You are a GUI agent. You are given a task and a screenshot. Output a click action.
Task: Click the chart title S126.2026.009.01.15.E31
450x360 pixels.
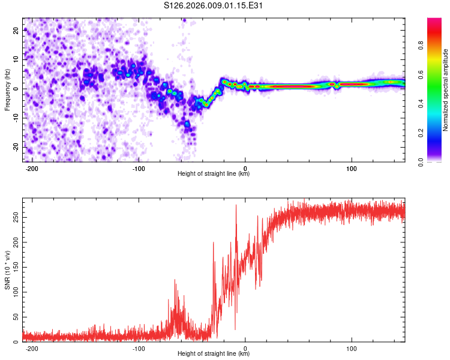click(x=214, y=5)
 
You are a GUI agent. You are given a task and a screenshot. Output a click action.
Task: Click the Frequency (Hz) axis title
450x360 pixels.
click(x=7, y=89)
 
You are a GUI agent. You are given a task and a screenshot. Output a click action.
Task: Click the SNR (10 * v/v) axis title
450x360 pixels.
click(x=7, y=270)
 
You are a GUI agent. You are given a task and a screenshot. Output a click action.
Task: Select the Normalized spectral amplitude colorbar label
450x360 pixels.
click(x=446, y=90)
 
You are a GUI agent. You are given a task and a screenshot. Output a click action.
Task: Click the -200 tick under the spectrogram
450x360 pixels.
click(x=32, y=168)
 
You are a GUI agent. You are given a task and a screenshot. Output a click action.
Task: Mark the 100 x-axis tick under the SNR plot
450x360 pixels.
click(x=351, y=348)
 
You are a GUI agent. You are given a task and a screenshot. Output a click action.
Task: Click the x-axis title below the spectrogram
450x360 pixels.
click(x=214, y=174)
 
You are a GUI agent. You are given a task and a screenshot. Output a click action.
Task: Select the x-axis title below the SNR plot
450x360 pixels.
click(x=214, y=354)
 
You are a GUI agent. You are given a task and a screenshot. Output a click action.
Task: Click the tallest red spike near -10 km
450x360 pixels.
click(x=236, y=206)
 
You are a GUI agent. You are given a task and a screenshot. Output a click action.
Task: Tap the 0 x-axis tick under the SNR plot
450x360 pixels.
click(x=245, y=348)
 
